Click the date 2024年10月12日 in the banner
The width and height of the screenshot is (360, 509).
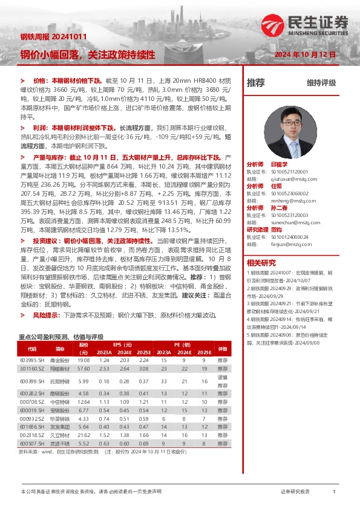click(x=305, y=55)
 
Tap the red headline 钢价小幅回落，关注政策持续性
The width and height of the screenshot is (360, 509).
click(x=88, y=54)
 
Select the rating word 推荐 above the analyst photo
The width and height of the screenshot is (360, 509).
click(x=256, y=83)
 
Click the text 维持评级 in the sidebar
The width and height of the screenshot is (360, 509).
click(x=321, y=83)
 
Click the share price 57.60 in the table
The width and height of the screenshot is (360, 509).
click(x=83, y=368)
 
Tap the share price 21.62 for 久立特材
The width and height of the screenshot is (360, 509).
click(x=83, y=435)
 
